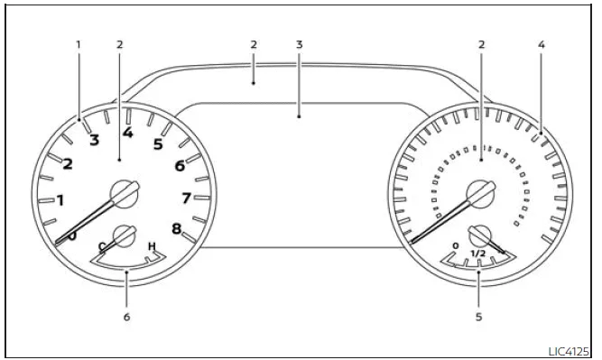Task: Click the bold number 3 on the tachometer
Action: pos(94,139)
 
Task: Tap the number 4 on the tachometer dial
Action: pos(127,133)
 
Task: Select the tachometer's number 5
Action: pos(158,143)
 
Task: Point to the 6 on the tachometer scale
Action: pos(180,165)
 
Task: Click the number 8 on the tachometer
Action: pos(177,228)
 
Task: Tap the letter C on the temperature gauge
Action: pos(102,246)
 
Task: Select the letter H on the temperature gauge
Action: pos(152,246)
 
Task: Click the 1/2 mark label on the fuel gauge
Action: pos(477,254)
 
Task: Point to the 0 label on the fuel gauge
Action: pos(456,245)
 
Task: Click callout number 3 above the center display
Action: pos(300,43)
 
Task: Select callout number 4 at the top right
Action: pos(541,43)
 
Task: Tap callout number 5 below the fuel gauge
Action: pos(478,317)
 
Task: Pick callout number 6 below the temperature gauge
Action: pos(127,317)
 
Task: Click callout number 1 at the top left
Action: pos(79,43)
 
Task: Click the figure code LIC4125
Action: pos(569,351)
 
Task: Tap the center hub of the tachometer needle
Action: pos(121,191)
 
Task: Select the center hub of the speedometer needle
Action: pos(477,192)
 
